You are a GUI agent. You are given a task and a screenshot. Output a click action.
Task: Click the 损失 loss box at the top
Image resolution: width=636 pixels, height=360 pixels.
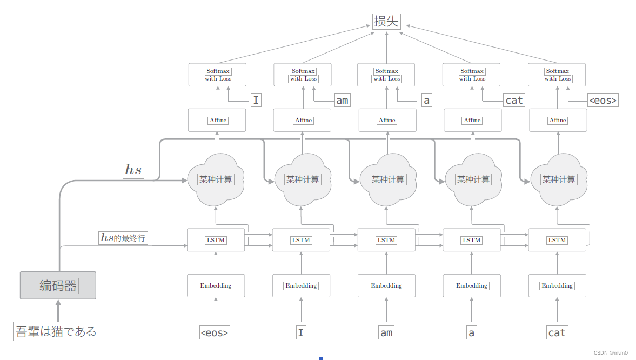(x=387, y=21)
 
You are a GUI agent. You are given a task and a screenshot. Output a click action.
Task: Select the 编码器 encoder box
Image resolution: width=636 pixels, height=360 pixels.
(x=58, y=285)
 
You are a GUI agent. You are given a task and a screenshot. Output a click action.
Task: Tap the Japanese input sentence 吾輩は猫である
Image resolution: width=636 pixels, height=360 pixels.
(x=56, y=331)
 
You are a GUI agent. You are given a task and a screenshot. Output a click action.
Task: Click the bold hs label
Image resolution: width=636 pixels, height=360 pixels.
(x=133, y=170)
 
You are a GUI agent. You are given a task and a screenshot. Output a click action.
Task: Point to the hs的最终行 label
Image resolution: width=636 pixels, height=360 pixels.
(x=123, y=237)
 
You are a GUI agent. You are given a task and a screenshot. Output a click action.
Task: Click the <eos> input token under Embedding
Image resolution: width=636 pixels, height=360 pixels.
(x=215, y=332)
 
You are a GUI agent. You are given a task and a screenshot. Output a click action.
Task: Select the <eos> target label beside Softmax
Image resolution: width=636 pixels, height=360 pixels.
(x=602, y=100)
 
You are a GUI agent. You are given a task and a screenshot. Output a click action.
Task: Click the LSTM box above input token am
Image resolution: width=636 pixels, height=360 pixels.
(x=386, y=240)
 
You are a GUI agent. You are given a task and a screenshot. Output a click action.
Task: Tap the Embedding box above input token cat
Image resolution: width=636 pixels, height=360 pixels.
(x=557, y=285)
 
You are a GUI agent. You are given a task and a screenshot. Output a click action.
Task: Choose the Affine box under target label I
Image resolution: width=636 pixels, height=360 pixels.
(x=217, y=120)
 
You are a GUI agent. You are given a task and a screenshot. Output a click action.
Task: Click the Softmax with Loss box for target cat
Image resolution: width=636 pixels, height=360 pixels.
(x=472, y=75)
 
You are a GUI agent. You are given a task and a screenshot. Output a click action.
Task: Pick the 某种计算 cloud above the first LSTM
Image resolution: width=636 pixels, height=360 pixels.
(x=216, y=179)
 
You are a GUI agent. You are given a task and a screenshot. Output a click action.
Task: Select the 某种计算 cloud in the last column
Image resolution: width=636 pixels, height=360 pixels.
(x=558, y=179)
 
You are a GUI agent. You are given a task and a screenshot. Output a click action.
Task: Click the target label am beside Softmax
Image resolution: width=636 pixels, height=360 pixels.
(x=342, y=100)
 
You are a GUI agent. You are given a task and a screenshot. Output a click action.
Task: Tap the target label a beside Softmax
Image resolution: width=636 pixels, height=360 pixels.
(x=426, y=100)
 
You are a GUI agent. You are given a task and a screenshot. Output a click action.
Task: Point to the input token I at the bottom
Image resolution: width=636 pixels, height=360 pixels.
(x=301, y=332)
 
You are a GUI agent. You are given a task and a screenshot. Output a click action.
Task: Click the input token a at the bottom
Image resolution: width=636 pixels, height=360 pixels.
(x=472, y=332)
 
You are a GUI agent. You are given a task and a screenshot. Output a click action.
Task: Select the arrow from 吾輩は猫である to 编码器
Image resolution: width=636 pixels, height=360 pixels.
(x=58, y=311)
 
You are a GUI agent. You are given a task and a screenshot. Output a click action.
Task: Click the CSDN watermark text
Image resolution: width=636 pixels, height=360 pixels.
(x=610, y=352)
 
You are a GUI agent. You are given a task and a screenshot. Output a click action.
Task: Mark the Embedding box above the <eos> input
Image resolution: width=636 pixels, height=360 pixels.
(x=216, y=285)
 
